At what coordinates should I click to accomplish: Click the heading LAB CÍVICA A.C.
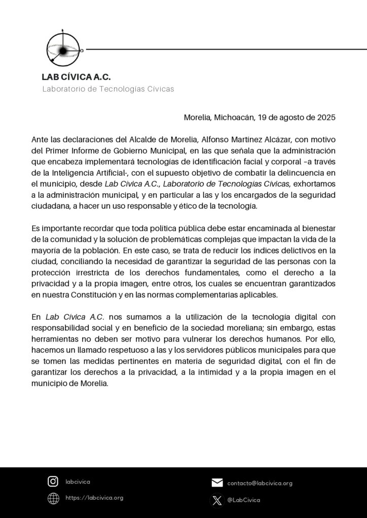click(76, 77)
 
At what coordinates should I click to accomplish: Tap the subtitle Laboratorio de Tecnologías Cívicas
click(108, 89)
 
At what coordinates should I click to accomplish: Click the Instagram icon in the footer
click(53, 482)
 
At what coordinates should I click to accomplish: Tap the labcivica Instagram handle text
click(78, 482)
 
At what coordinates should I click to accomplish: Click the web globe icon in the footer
click(53, 498)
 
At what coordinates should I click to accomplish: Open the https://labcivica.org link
click(95, 498)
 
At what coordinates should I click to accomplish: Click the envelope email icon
click(217, 483)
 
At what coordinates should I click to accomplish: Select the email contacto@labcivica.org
click(260, 483)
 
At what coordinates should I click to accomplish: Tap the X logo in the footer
click(217, 500)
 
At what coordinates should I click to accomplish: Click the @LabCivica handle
click(244, 500)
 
